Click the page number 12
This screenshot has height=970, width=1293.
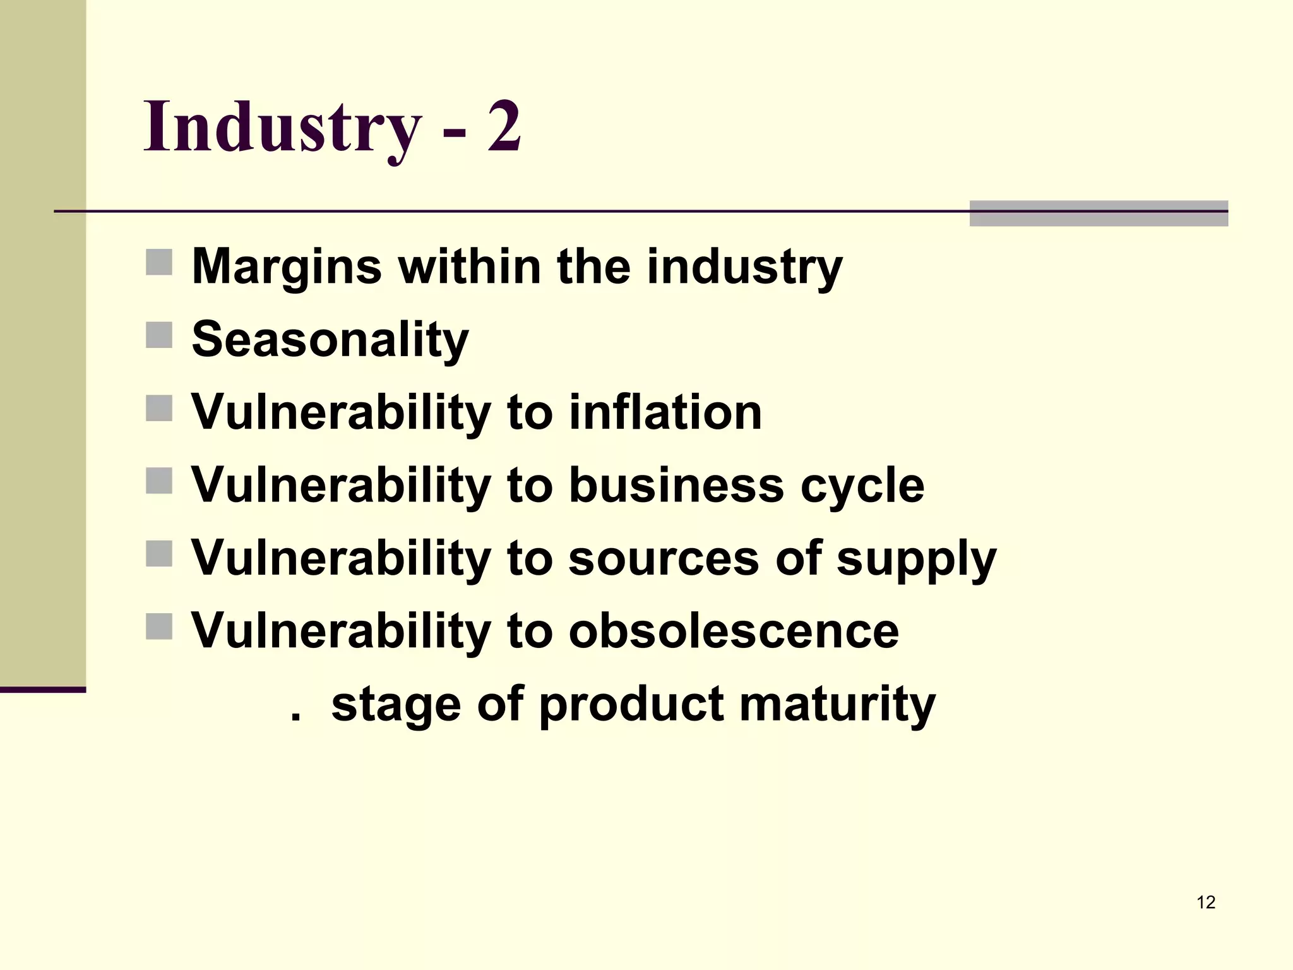pos(1205,902)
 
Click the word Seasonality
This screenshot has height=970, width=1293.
pos(330,340)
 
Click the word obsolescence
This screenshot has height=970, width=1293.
pos(733,630)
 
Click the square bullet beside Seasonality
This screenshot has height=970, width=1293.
pos(159,335)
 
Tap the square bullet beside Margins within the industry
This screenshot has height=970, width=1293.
pos(159,262)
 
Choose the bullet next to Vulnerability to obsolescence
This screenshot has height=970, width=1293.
pos(159,626)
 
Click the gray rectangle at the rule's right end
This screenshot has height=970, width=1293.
pos(1099,213)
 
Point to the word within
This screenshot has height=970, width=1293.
pos(469,266)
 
